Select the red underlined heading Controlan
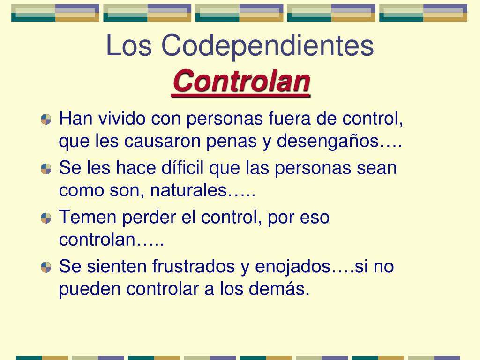pos(241,82)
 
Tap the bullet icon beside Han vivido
pos(46,120)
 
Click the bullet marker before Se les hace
pos(46,169)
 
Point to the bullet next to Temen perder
pos(46,218)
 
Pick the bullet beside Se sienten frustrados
pos(46,267)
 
